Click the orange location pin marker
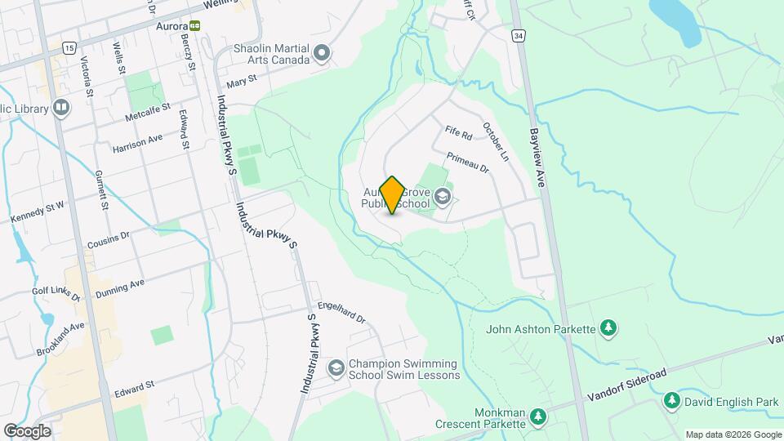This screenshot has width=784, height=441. click(392, 195)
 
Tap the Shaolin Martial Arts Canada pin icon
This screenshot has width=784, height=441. click(323, 54)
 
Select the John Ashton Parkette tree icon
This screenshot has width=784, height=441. click(608, 328)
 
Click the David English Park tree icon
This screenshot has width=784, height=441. click(671, 401)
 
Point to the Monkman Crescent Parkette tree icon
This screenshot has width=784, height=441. click(537, 417)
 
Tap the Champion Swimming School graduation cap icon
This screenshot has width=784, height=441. click(335, 368)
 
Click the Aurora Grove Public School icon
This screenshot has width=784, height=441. click(443, 196)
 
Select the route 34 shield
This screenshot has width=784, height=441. click(518, 36)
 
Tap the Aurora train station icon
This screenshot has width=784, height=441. click(194, 25)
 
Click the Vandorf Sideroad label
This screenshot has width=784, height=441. click(627, 385)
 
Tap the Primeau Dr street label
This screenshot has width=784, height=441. click(467, 163)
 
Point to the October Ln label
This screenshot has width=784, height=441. click(495, 141)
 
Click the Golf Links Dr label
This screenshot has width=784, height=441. click(56, 295)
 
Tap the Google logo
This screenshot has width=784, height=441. click(27, 430)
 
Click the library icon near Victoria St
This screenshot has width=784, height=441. click(61, 107)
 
